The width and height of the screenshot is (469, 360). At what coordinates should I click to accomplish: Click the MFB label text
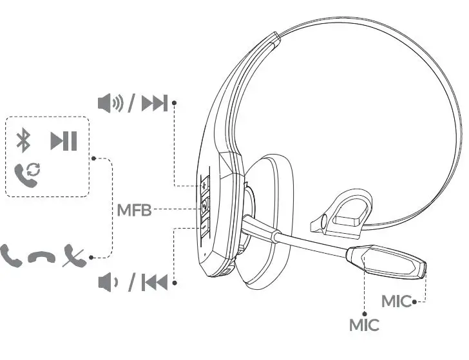[134, 209]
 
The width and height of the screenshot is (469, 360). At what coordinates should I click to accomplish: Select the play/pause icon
[64, 140]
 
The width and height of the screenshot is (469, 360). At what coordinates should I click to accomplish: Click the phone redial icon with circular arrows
[26, 174]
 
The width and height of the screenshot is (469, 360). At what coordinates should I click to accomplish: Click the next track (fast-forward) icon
[155, 102]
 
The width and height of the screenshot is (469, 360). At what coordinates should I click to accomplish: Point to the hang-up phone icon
[43, 258]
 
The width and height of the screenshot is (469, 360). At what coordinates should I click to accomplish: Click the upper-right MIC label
[396, 301]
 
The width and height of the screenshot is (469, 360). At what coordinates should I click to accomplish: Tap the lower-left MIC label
[364, 325]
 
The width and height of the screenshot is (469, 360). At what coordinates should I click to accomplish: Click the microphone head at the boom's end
[387, 263]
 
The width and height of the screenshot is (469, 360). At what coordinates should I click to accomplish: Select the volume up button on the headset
[204, 185]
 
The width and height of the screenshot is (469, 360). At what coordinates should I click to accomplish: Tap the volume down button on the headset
[204, 226]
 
